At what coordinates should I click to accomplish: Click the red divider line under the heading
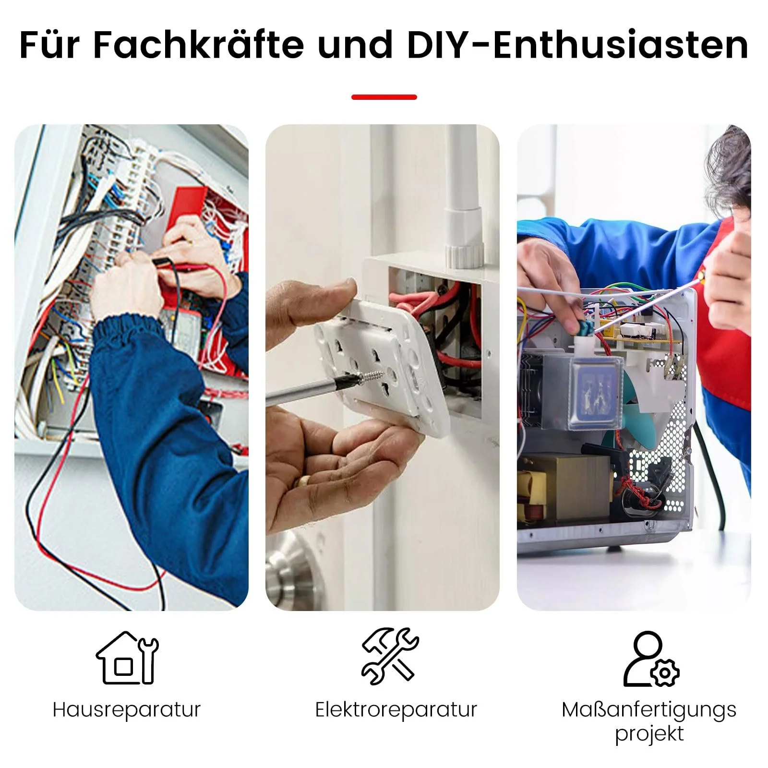pos(384,97)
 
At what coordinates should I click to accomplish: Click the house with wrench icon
pos(127,657)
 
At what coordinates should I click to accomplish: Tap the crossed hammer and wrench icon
pos(390,656)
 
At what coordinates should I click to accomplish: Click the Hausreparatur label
pos(127,710)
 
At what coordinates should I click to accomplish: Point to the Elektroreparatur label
pos(396,709)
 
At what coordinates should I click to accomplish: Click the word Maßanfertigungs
pos(649,710)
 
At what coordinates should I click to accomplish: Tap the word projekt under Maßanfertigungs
pos(649,734)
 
